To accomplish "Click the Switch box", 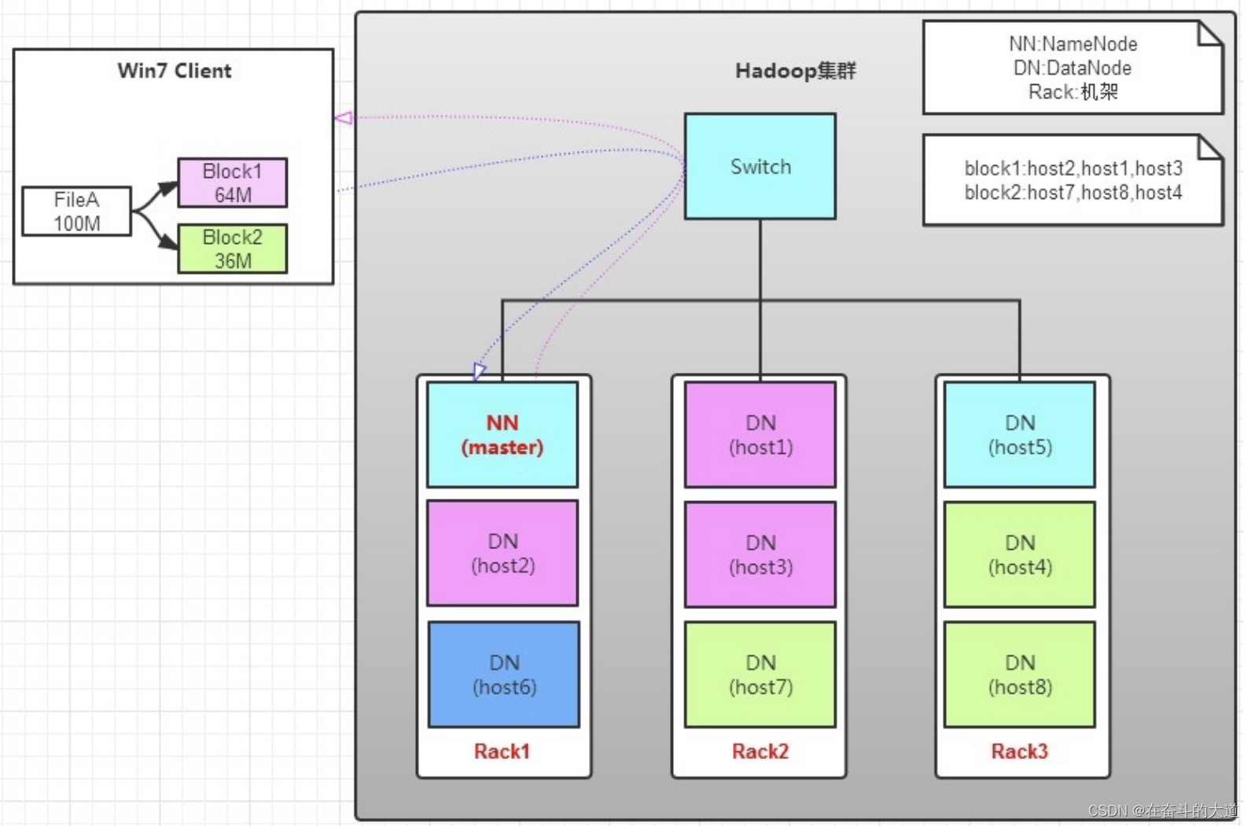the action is coord(760,166).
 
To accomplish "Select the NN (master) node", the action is coord(502,434).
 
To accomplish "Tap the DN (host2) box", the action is coord(502,553).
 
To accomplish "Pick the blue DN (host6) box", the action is coord(504,674).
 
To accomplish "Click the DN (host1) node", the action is coord(760,434).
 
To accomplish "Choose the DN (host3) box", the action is coord(760,554).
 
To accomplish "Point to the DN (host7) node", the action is coord(760,674).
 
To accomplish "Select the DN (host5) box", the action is coord(1019,434).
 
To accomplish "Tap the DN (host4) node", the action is coord(1019,554).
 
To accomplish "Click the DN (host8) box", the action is coord(1019,674).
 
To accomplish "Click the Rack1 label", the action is coord(502,751).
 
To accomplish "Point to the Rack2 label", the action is coord(760,751).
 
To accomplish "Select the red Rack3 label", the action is coord(1019,751).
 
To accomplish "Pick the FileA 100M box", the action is coord(76,212).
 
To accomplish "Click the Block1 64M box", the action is coord(232,183).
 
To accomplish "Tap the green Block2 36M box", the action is coord(232,249).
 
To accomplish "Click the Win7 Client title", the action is coord(175,71).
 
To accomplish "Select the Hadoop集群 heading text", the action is coord(795,71).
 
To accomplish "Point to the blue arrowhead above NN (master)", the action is coord(479,371).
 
